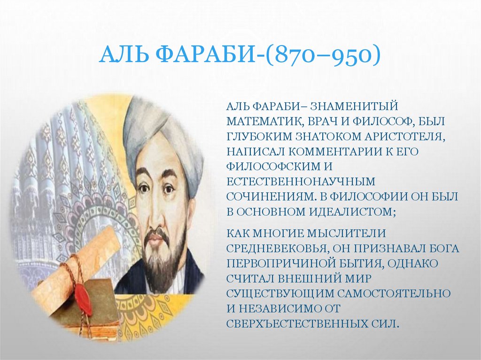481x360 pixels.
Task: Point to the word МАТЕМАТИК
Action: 264,122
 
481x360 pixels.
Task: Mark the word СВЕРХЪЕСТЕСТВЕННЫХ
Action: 296,323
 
